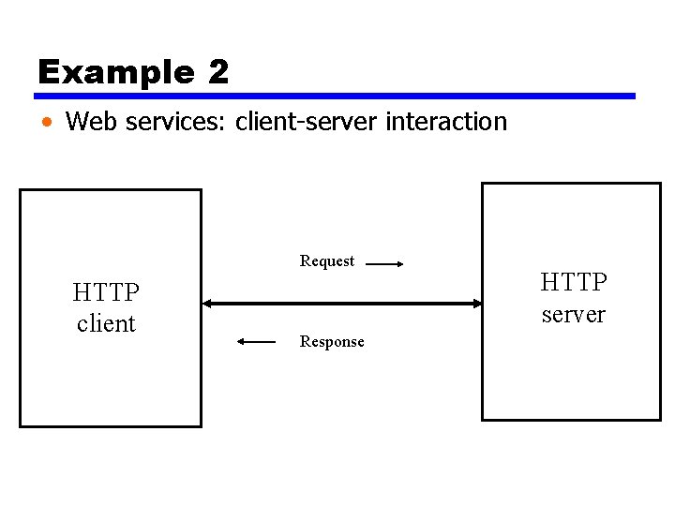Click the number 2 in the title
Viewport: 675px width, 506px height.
coord(218,72)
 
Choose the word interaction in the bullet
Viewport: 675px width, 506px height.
coord(442,121)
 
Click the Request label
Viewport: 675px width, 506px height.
coord(327,260)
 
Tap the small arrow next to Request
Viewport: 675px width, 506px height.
coord(384,265)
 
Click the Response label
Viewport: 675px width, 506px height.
coord(332,342)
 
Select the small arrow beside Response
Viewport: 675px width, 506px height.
coord(257,342)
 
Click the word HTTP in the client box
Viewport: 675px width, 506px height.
coord(106,293)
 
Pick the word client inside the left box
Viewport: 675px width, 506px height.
coord(106,323)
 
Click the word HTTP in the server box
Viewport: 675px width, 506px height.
coord(574,282)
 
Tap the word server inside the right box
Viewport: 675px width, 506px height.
coord(574,314)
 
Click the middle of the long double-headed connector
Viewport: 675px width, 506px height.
coord(341,304)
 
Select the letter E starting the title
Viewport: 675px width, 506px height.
coord(48,72)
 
